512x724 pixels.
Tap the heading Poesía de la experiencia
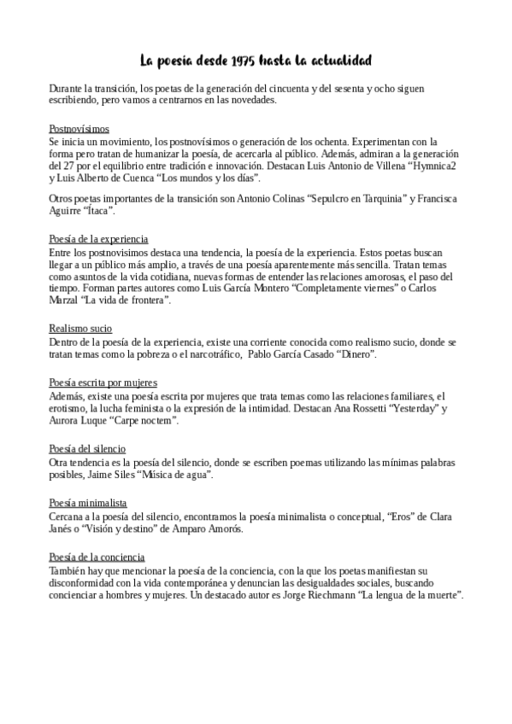click(x=99, y=239)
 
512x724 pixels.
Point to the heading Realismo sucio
click(x=80, y=328)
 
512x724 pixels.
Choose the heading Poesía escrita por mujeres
click(x=103, y=383)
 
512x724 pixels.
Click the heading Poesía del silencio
click(x=88, y=448)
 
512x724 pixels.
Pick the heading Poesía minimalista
click(x=88, y=504)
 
